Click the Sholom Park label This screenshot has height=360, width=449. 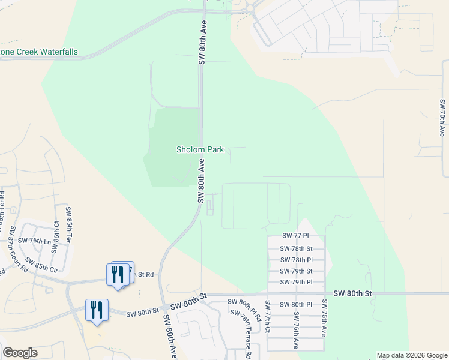(x=200, y=149)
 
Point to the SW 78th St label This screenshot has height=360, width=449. (x=297, y=248)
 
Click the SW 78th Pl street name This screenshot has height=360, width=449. (x=297, y=260)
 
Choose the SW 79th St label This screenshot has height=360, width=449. (x=297, y=271)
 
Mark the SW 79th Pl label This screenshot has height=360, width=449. (x=297, y=282)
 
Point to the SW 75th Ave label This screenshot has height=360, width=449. (x=324, y=318)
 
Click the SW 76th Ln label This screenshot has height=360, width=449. (x=35, y=241)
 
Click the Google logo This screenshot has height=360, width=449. (x=20, y=353)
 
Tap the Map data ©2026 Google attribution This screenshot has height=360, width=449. (x=411, y=356)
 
